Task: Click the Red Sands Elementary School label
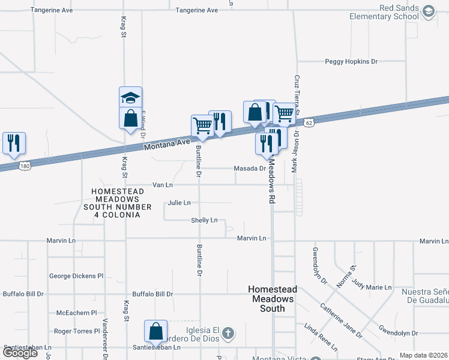click(384, 12)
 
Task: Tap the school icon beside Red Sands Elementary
click(429, 11)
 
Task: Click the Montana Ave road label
click(167, 144)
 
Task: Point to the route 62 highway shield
click(309, 122)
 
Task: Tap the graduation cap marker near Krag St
click(130, 97)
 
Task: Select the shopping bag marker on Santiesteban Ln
click(156, 332)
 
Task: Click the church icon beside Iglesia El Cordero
click(228, 332)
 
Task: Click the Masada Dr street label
click(249, 169)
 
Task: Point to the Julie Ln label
click(179, 203)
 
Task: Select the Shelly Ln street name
click(204, 220)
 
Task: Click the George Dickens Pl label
click(76, 276)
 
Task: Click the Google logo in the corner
click(20, 353)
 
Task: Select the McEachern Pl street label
click(76, 313)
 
